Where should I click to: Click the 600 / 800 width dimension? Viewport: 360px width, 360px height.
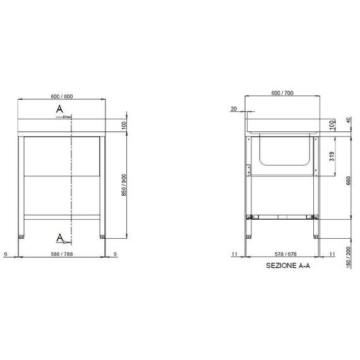(62, 97)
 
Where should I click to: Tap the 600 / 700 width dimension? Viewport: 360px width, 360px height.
(282, 93)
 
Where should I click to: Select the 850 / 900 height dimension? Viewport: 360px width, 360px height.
(124, 185)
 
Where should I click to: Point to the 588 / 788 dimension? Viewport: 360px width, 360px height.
(62, 254)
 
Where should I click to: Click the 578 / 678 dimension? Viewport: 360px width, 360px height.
(285, 254)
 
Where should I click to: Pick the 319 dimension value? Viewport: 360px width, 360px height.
(332, 156)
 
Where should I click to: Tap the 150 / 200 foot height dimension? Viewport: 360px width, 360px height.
(348, 257)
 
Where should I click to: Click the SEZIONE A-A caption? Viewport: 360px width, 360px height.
(288, 266)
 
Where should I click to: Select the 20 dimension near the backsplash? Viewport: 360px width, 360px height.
(234, 109)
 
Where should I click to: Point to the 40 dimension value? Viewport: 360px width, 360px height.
(348, 120)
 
